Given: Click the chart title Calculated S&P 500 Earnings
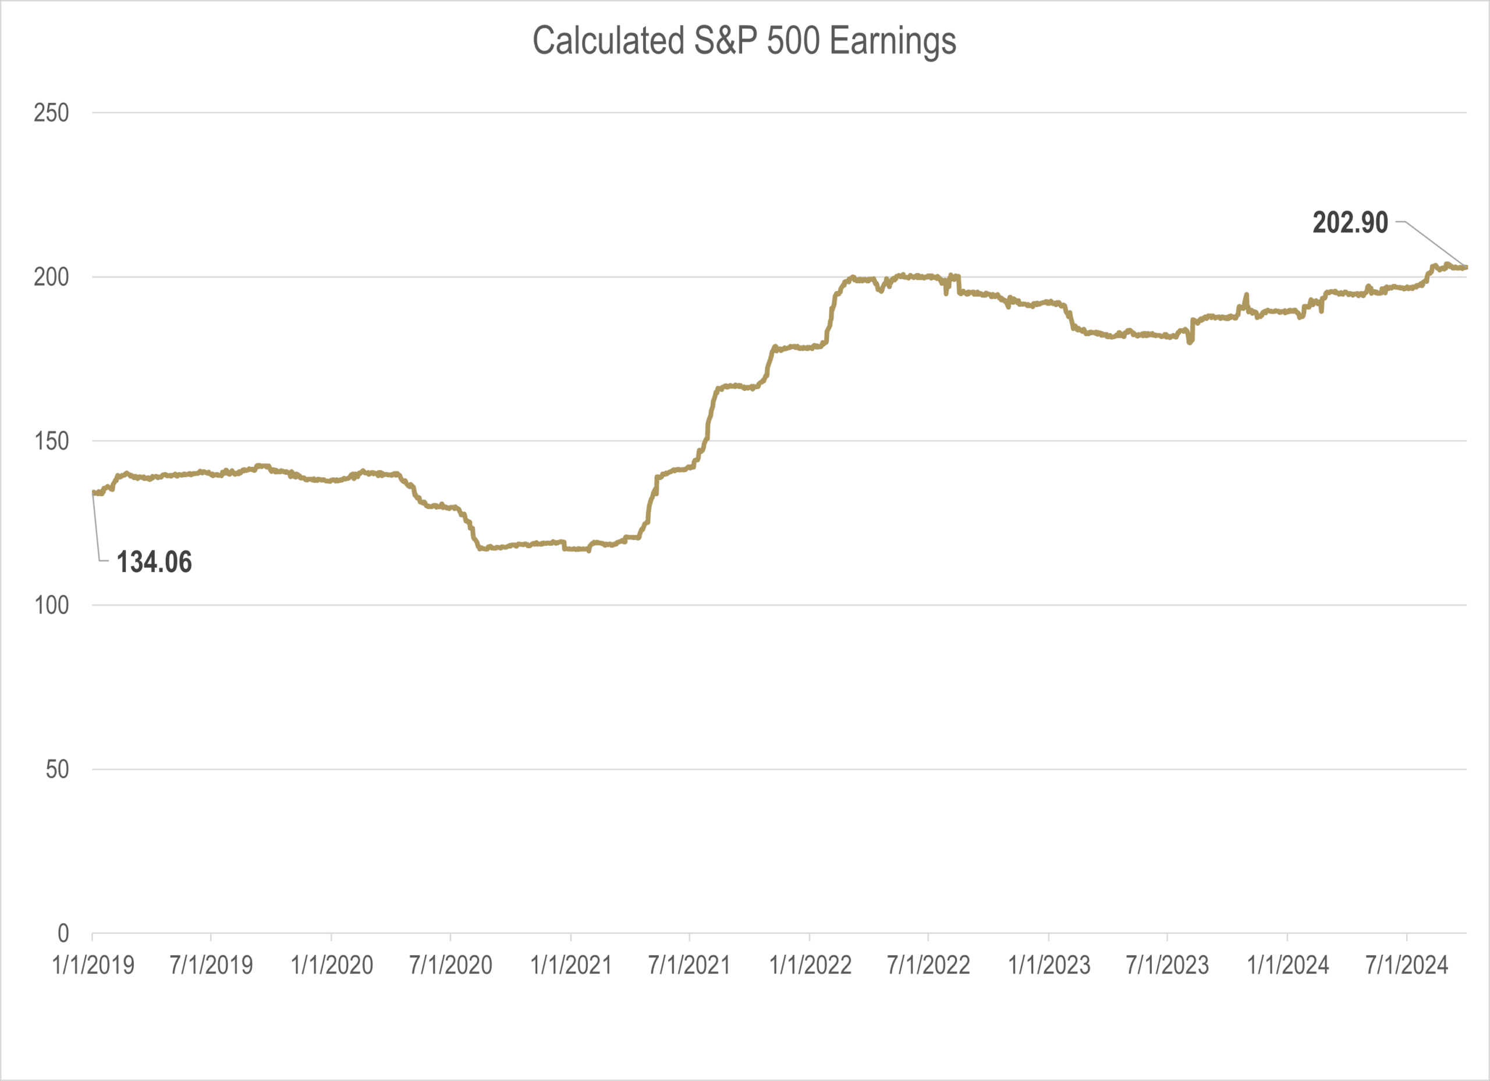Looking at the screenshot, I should [x=744, y=41].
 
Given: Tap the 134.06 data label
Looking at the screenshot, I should [x=154, y=562].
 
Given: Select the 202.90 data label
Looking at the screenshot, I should [x=1350, y=223].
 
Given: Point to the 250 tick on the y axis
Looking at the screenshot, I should [x=51, y=113].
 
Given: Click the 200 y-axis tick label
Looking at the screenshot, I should [x=51, y=277].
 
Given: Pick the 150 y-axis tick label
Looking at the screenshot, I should [x=51, y=442].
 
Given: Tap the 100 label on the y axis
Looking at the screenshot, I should [x=51, y=605].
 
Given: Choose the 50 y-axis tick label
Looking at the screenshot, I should [x=57, y=769].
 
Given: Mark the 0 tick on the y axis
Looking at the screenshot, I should [x=63, y=933].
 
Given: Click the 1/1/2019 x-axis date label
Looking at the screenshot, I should [x=93, y=965].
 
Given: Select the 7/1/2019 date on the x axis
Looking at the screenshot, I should [x=211, y=965].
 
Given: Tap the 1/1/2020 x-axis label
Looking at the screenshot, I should [x=332, y=965].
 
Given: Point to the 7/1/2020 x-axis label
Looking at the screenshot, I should [x=450, y=965].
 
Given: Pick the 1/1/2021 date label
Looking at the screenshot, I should [x=571, y=965].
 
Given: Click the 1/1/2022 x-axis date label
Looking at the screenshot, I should [x=810, y=965].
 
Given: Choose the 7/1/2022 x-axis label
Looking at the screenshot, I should [x=928, y=965].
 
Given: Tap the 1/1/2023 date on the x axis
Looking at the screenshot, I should [x=1049, y=965].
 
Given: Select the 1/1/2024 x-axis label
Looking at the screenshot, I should [x=1287, y=965].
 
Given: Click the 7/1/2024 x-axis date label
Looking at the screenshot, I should [x=1407, y=965].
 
